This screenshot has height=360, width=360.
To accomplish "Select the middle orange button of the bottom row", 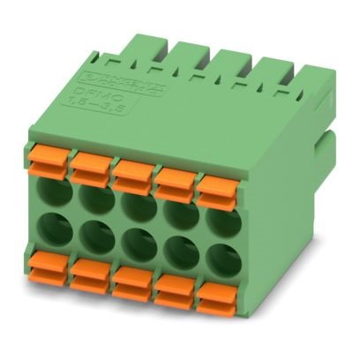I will [x=130, y=281].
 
